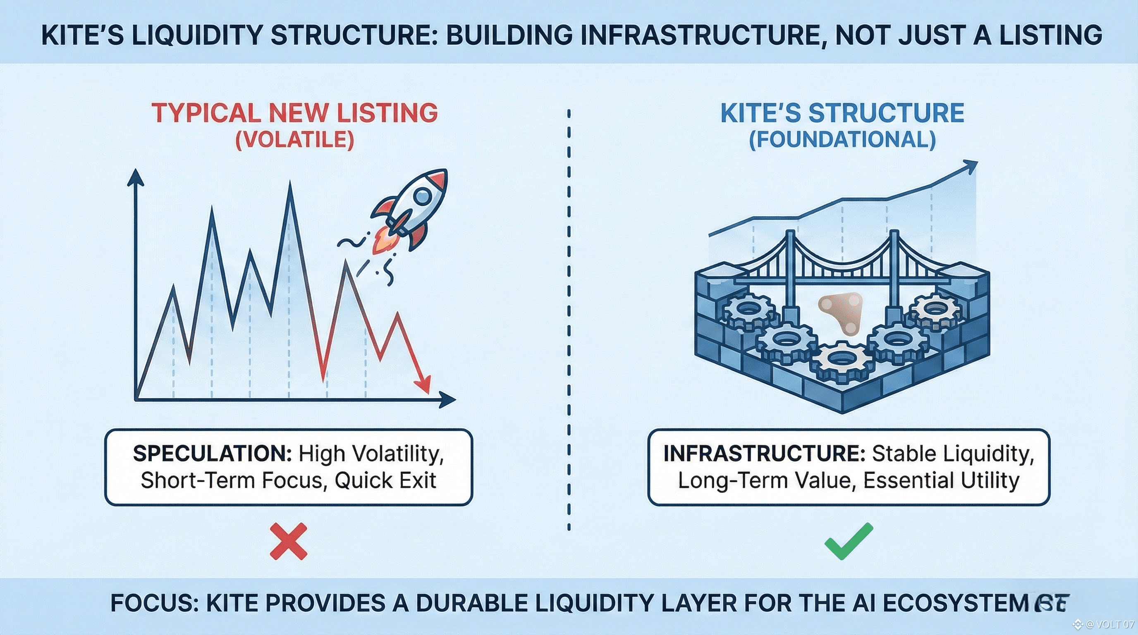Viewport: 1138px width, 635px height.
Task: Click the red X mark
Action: click(x=288, y=542)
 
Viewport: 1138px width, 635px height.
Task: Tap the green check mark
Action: click(x=848, y=542)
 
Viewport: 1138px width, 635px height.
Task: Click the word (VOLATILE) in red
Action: click(x=295, y=140)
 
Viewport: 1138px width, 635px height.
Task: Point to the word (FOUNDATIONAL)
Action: click(x=842, y=140)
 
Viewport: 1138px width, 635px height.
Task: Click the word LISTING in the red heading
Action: click(x=387, y=112)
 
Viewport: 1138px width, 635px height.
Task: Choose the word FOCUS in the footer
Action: click(x=154, y=603)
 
